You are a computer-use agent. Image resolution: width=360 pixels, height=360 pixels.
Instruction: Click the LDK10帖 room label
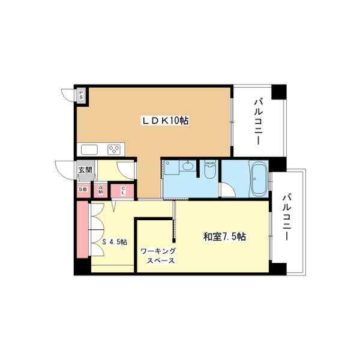(x=165, y=121)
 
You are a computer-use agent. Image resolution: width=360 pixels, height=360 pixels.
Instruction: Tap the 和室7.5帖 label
(x=223, y=236)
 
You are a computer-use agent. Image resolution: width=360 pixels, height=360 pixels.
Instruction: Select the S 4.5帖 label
(x=114, y=242)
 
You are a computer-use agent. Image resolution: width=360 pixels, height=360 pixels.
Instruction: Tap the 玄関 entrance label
(x=85, y=170)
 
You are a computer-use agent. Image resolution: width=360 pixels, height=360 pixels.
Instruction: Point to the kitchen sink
(x=88, y=150)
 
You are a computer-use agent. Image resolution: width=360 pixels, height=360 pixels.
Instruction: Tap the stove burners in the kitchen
(x=114, y=150)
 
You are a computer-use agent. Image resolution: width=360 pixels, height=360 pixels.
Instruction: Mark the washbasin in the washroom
(x=188, y=167)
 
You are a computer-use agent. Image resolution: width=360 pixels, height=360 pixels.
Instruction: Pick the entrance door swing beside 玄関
(x=63, y=170)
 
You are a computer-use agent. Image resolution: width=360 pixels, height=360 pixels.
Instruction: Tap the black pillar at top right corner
(x=278, y=92)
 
